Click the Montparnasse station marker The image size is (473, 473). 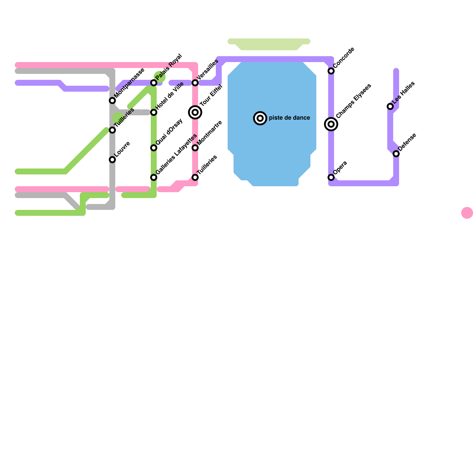[x=112, y=101]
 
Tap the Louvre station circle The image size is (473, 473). [x=112, y=160]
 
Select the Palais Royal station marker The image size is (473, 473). [x=154, y=83]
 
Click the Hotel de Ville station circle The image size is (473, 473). [x=154, y=112]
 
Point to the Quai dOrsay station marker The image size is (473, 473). [x=154, y=148]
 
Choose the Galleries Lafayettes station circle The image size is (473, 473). [x=154, y=177]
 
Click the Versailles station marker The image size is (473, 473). [x=195, y=83]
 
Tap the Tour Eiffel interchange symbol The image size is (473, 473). [x=195, y=112]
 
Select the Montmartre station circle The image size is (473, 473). [x=195, y=148]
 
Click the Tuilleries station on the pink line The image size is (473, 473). [x=195, y=177]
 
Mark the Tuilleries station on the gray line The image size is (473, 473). [x=112, y=130]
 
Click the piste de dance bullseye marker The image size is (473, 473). [x=260, y=118]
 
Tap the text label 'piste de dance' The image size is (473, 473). [x=289, y=118]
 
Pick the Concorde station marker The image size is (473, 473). [x=331, y=71]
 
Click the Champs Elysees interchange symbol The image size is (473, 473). [x=331, y=124]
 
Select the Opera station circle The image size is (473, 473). [x=331, y=177]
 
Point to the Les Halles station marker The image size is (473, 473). [x=390, y=106]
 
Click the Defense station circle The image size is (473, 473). [x=396, y=154]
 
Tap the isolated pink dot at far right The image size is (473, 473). [x=467, y=213]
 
